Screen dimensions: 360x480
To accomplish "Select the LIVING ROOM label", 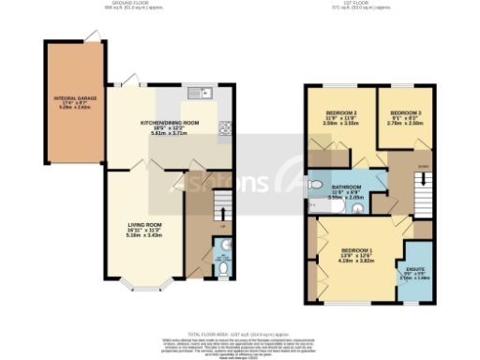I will click(145, 225).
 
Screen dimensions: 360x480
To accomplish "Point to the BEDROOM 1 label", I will click(356, 251).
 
